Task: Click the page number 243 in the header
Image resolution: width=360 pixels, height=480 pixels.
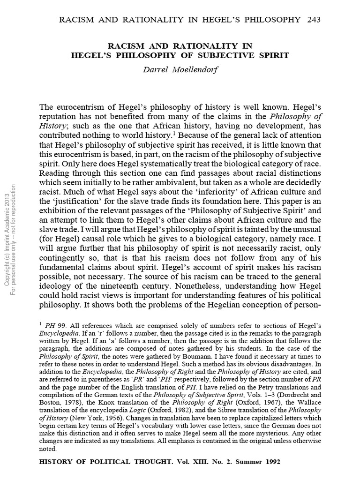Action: [311, 19]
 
